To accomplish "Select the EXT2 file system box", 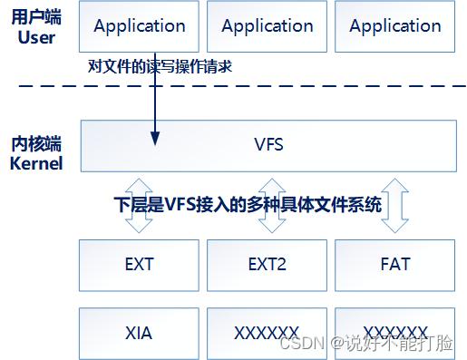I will [x=267, y=265].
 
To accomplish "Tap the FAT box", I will [x=395, y=265].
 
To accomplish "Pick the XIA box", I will [x=139, y=333].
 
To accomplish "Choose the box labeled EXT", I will [x=139, y=265].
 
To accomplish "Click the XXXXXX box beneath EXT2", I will [x=267, y=333].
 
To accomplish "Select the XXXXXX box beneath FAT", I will [x=395, y=333].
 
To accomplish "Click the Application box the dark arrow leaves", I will [x=139, y=26].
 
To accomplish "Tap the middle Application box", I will [x=267, y=26].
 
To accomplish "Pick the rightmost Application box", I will [x=395, y=26].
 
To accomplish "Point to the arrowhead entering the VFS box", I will [x=155, y=138].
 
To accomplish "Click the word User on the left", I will [x=34, y=38].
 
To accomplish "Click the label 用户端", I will [x=34, y=19].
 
